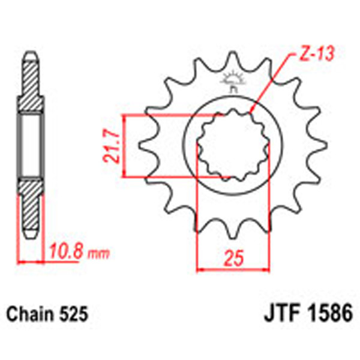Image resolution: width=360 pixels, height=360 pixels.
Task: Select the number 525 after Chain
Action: [x=74, y=313]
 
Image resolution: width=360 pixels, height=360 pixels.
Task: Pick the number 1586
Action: [x=328, y=313]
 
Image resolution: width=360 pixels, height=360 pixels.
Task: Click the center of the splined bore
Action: [x=233, y=146]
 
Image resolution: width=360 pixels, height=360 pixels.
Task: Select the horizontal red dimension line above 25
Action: [x=233, y=268]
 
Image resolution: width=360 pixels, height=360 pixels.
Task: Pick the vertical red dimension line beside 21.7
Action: [x=124, y=146]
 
